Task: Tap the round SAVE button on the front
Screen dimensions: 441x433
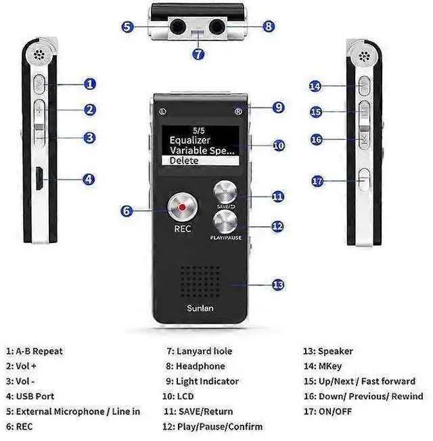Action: (x=225, y=192)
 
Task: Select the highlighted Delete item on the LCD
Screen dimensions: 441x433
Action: (x=203, y=161)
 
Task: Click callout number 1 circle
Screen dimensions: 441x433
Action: (x=90, y=84)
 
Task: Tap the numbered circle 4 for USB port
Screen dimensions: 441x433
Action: (x=89, y=180)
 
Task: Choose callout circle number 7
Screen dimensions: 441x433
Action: (x=198, y=55)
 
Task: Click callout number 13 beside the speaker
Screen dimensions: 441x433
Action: (x=277, y=285)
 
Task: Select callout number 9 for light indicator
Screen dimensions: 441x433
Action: (x=278, y=107)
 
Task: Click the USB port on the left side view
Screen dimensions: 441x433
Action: (x=39, y=180)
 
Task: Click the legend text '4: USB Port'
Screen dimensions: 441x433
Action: (x=30, y=396)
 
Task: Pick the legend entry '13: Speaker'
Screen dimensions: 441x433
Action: (x=327, y=351)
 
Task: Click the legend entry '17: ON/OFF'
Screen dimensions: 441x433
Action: (x=327, y=411)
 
